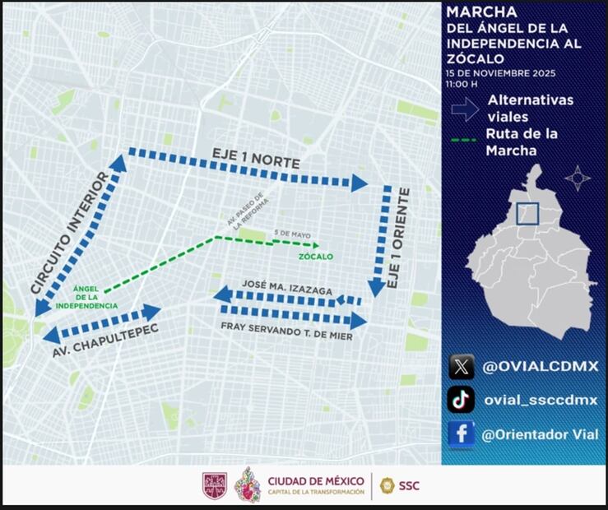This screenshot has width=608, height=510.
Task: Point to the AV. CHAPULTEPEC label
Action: [105, 342]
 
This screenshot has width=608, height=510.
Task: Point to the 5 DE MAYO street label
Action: [290, 234]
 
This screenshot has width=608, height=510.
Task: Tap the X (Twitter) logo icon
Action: [461, 366]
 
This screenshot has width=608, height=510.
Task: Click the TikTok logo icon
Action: [461, 400]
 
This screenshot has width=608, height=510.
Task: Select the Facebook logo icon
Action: [461, 433]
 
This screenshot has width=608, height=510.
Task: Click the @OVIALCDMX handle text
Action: [539, 366]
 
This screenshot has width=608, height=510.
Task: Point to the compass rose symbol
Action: [578, 177]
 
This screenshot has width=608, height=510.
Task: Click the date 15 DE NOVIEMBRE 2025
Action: [500, 73]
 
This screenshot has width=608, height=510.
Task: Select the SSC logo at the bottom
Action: [399, 485]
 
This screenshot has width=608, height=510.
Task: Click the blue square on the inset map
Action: [527, 213]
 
